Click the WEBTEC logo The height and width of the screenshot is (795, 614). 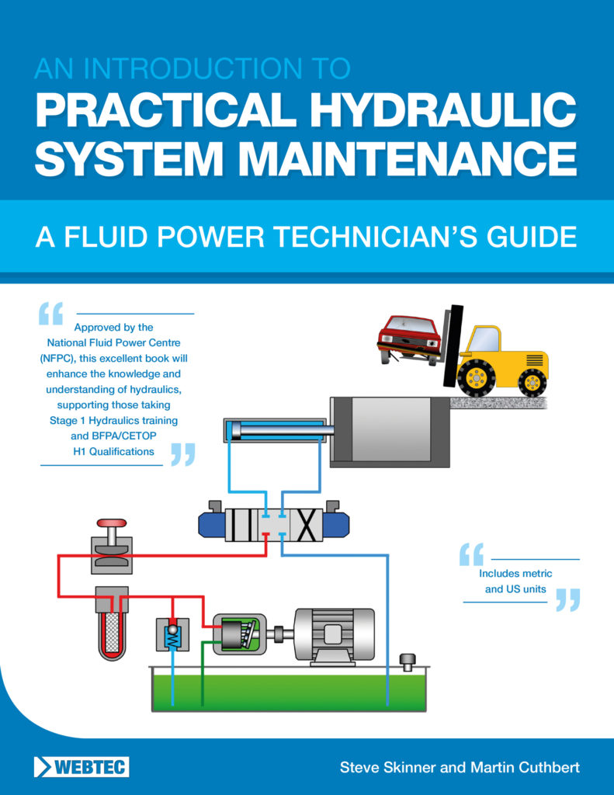tap(82, 767)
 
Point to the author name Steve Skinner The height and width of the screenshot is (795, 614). tap(387, 767)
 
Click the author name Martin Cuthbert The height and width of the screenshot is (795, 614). tap(526, 767)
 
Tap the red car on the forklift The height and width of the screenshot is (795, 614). tap(409, 338)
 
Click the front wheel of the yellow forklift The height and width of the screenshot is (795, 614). tap(476, 377)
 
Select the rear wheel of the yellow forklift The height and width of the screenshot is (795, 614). tap(532, 382)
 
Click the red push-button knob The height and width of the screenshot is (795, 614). tap(112, 522)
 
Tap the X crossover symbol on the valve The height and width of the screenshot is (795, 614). tap(306, 525)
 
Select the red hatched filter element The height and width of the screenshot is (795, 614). tap(112, 630)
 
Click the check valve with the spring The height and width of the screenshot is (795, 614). tap(173, 634)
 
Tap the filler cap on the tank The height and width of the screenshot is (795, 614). tap(408, 661)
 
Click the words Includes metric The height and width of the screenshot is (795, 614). tap(515, 574)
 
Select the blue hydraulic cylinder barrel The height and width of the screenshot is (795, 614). tap(274, 431)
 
